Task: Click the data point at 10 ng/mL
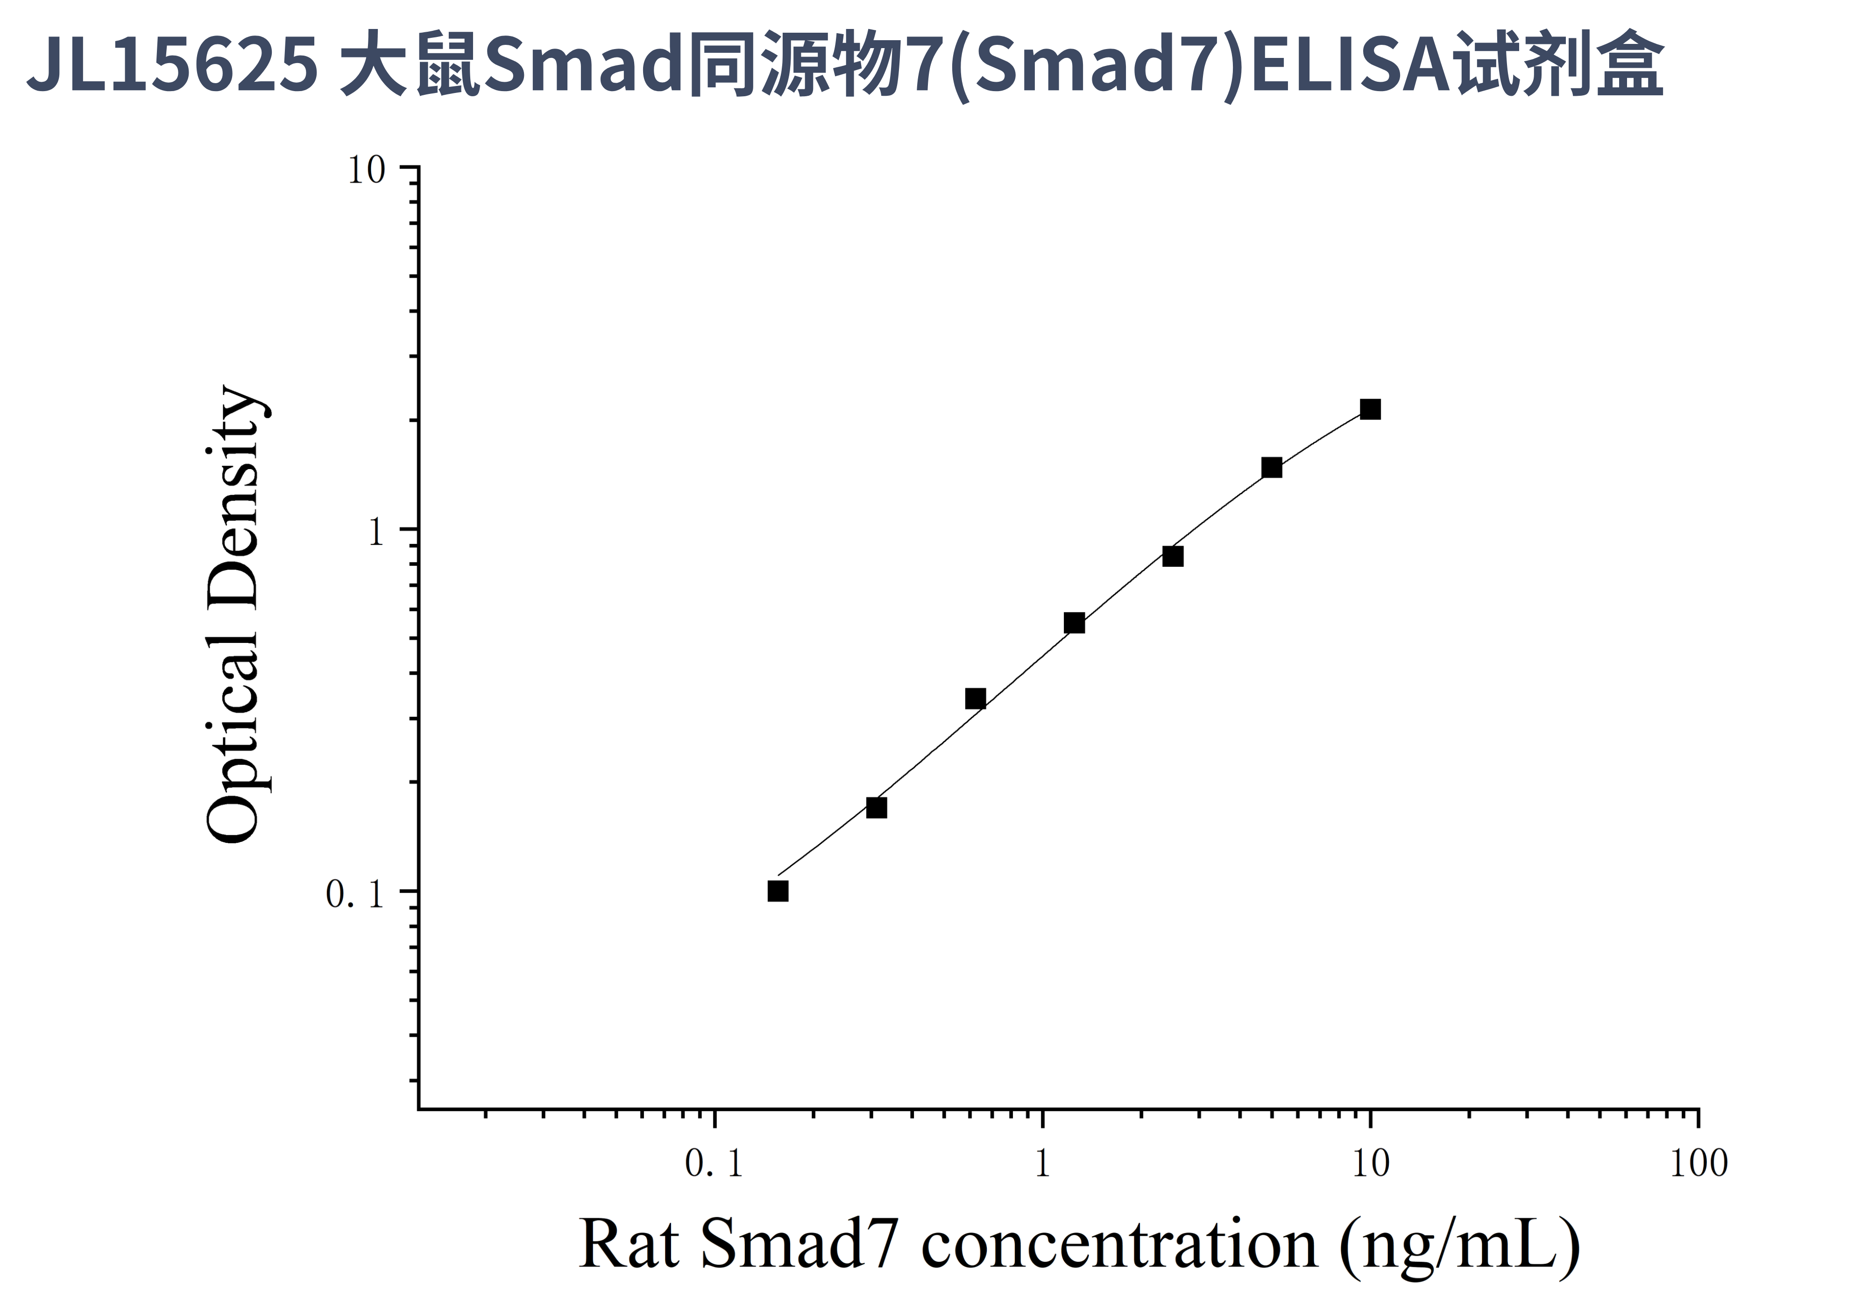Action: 1370,409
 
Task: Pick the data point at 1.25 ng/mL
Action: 1075,623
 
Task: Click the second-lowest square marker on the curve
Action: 876,808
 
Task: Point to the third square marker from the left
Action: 975,698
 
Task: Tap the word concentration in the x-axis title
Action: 1119,1245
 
